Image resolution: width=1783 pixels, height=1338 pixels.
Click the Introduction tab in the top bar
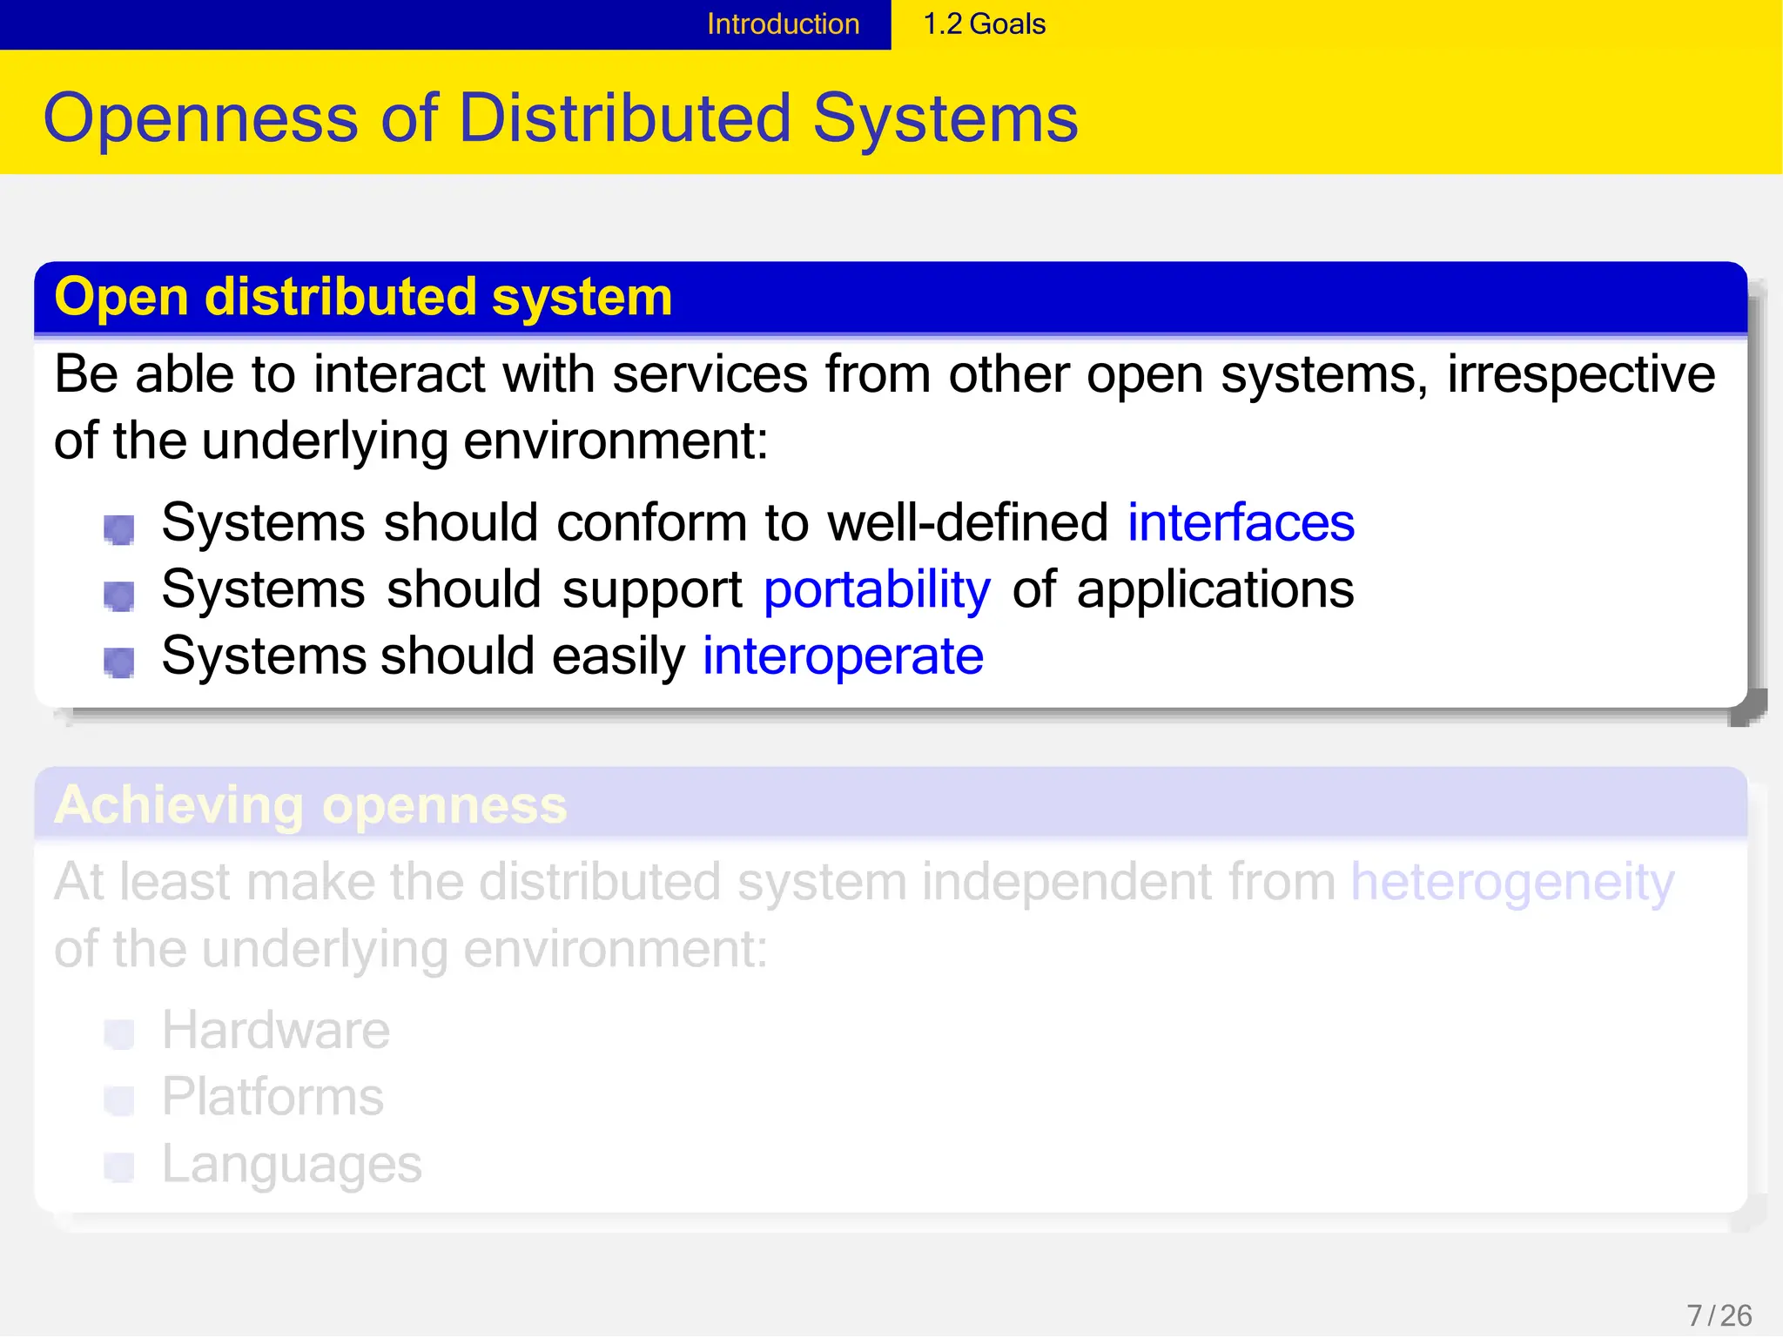click(x=783, y=24)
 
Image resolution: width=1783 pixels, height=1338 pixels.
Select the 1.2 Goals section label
click(x=984, y=24)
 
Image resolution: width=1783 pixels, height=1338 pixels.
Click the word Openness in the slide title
click(x=200, y=118)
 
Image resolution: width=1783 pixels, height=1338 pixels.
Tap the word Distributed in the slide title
click(x=625, y=118)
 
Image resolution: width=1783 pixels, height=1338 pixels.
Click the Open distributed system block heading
click(x=363, y=297)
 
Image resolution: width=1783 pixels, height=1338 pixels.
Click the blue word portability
click(x=877, y=589)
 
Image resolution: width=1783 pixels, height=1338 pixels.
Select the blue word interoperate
click(x=843, y=656)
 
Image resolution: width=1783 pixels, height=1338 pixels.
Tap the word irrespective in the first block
click(x=1581, y=374)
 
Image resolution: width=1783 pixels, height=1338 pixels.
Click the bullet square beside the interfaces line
click(x=119, y=528)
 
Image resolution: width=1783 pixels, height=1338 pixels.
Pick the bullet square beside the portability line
click(x=119, y=595)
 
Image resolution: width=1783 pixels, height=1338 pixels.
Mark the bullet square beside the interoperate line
click(x=119, y=662)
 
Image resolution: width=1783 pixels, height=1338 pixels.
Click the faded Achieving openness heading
click(x=310, y=804)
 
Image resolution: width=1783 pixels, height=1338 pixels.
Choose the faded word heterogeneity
click(x=1512, y=882)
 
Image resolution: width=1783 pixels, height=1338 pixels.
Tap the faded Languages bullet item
click(x=292, y=1164)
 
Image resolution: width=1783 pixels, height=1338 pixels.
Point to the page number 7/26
click(x=1719, y=1314)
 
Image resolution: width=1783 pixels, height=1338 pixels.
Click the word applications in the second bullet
click(x=1215, y=589)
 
